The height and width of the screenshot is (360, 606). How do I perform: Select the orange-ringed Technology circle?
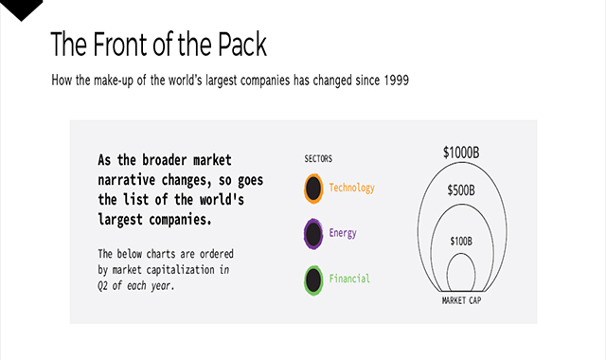(312, 189)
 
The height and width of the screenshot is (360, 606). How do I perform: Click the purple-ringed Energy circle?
(312, 233)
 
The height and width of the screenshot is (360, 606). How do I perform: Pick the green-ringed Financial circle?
(312, 279)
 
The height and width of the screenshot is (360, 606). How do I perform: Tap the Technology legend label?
(351, 189)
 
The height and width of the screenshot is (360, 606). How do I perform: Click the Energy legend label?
(343, 233)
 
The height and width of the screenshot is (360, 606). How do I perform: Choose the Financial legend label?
(349, 279)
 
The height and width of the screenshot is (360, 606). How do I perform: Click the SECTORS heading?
(318, 159)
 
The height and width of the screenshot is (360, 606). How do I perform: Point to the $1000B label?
(460, 152)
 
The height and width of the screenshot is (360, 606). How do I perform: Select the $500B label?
(461, 189)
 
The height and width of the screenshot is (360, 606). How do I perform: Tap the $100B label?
(460, 241)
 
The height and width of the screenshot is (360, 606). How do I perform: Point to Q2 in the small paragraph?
(103, 285)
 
